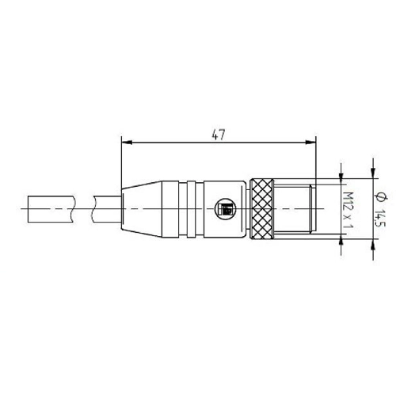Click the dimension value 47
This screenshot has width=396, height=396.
click(x=219, y=135)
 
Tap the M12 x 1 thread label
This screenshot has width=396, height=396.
click(x=348, y=210)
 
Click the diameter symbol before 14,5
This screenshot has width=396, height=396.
click(x=380, y=198)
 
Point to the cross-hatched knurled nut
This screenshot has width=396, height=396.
click(x=261, y=209)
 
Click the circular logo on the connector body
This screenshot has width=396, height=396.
click(x=225, y=208)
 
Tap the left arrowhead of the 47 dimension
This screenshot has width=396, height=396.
click(x=127, y=143)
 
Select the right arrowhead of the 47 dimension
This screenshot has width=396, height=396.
click(x=310, y=143)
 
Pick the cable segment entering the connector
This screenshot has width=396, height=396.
click(x=108, y=209)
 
